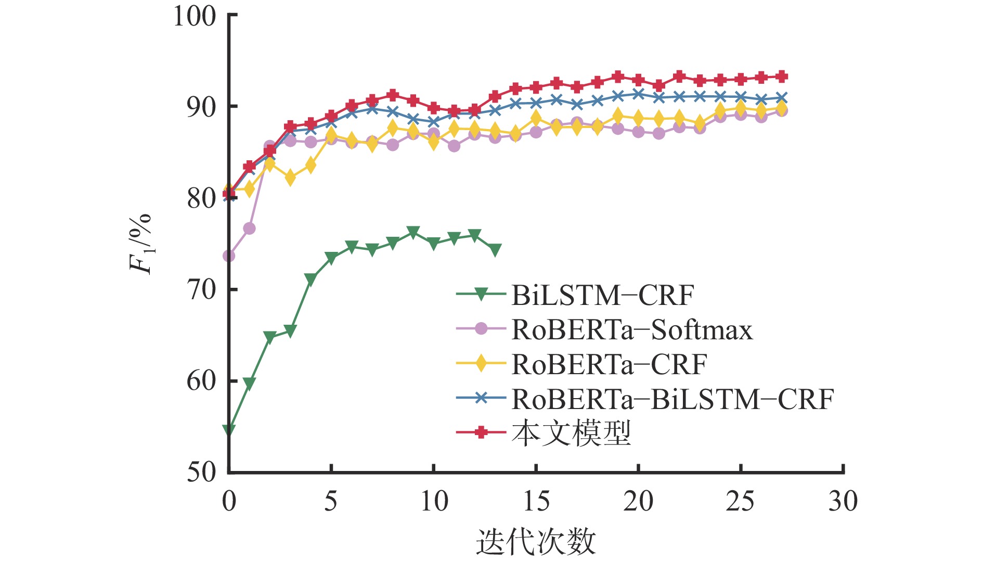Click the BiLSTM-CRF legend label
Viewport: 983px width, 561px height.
[x=602, y=296]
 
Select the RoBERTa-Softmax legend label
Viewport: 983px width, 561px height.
[x=632, y=330]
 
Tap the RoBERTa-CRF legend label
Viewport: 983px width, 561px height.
[x=609, y=364]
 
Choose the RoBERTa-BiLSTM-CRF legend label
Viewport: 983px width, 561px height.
[x=672, y=399]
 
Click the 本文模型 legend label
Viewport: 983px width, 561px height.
[x=571, y=433]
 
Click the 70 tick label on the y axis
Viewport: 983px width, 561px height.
[x=201, y=289]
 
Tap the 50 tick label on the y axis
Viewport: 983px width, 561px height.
[x=201, y=472]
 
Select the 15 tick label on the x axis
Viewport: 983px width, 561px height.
[x=536, y=501]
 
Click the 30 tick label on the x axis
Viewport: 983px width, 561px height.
[x=843, y=501]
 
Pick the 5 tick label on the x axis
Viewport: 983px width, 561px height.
[x=331, y=501]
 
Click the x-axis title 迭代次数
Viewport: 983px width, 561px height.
[x=536, y=542]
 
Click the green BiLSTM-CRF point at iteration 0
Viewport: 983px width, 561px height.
[x=229, y=430]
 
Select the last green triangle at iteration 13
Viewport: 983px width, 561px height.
[x=495, y=250]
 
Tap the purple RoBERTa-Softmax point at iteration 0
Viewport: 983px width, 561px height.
[x=229, y=256]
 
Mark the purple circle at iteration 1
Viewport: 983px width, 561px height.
[x=249, y=228]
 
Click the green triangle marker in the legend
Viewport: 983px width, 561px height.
[x=481, y=295]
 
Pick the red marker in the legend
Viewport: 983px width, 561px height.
[x=481, y=432]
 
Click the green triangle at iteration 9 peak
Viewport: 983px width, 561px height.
[x=413, y=232]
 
